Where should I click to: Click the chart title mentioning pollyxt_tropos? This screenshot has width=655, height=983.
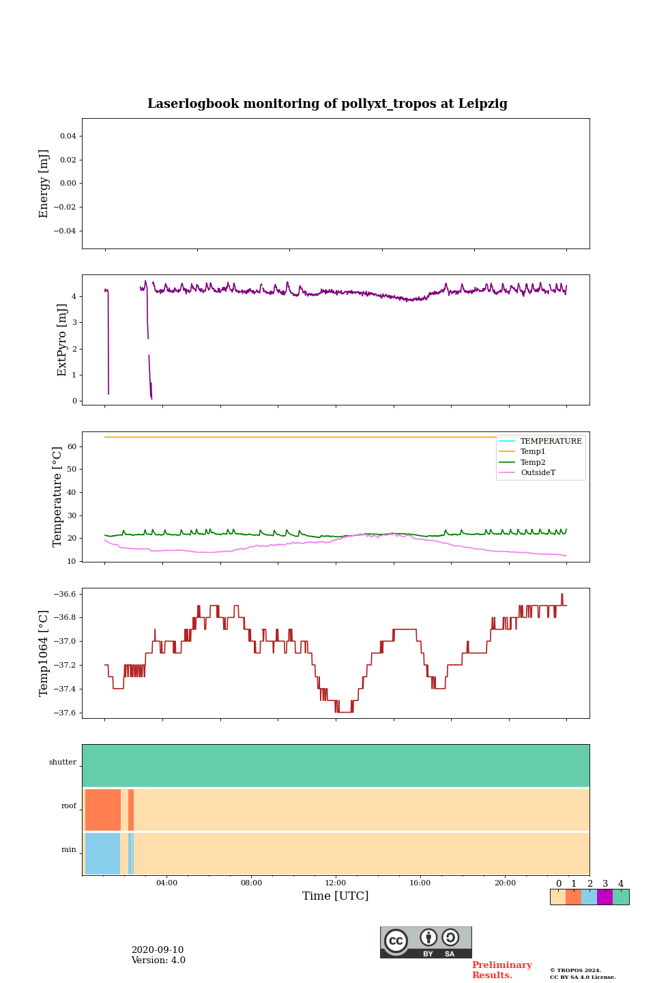point(327,104)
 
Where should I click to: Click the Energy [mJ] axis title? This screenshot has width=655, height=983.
point(44,184)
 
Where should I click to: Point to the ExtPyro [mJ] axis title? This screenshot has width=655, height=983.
point(62,340)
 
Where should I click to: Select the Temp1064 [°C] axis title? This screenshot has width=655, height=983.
point(44,653)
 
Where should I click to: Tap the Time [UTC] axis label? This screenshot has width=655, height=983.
point(335,896)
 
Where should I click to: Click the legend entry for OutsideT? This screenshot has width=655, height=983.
point(538,473)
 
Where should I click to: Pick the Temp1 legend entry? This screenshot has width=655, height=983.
point(533,452)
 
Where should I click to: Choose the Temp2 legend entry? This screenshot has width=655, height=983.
point(533,462)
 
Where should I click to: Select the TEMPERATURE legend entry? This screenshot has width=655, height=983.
point(551,442)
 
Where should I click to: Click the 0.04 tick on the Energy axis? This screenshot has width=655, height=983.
point(68,136)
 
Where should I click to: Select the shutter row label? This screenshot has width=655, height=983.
point(63,763)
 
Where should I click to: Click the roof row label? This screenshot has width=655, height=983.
point(69,806)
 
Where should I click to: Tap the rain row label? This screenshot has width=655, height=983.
point(69,850)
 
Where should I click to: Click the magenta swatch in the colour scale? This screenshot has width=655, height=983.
point(605,897)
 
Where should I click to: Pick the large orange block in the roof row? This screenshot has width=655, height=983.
point(103,810)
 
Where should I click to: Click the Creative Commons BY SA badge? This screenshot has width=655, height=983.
point(426,942)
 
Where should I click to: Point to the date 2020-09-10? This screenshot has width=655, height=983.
point(158,950)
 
